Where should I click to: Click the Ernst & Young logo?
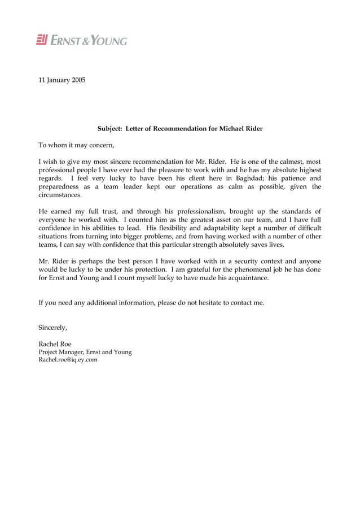[82, 40]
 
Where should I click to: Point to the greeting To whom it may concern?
[76, 145]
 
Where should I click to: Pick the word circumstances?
[60, 195]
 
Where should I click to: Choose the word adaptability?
[226, 228]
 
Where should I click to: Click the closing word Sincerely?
[53, 327]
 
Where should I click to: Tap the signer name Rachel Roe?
[55, 344]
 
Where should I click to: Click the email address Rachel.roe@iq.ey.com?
[68, 360]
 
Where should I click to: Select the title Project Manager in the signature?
[62, 352]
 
